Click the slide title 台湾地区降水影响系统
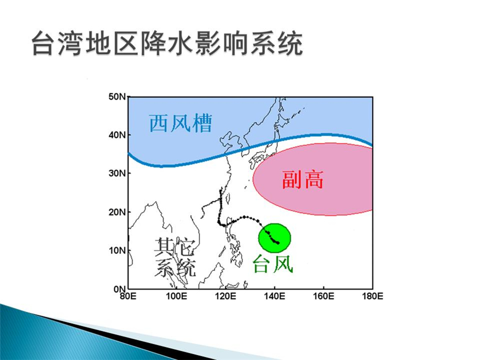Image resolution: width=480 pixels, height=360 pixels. [x=167, y=43]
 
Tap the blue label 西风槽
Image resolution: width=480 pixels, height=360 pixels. [x=181, y=123]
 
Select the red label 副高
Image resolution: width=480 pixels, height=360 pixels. [x=302, y=180]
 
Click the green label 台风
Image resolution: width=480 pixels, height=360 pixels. [x=273, y=263]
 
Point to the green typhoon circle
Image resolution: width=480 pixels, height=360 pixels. [x=275, y=238]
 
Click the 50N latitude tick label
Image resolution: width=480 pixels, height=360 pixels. [x=117, y=97]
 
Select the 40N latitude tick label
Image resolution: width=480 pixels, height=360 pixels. [x=117, y=135]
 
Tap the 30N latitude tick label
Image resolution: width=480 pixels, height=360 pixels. [x=117, y=173]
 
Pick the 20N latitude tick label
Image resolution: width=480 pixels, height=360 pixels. [x=117, y=212]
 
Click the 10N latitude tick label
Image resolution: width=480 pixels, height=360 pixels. [x=117, y=251]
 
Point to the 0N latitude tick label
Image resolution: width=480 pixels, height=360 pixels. [x=119, y=289]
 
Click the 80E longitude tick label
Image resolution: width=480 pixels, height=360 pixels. [x=127, y=297]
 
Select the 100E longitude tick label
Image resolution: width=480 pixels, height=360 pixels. [x=177, y=297]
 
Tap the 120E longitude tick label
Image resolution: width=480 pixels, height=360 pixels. [x=226, y=297]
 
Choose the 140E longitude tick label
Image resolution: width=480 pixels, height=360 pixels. [x=275, y=297]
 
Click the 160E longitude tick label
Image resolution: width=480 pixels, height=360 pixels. [x=324, y=297]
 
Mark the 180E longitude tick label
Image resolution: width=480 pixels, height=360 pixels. [x=373, y=297]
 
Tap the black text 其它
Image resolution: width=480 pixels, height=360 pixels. [x=174, y=247]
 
